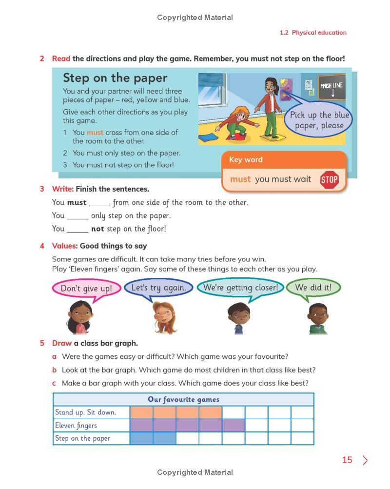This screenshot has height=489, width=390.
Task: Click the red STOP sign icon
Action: coord(329,180)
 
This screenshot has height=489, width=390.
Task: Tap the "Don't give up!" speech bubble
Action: coord(86,288)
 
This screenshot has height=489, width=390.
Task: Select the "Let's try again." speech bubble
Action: coord(158,288)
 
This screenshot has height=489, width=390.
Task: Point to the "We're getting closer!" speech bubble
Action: coord(240,287)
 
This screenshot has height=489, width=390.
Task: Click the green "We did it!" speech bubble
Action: coord(313,287)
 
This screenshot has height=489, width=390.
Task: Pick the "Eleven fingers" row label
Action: coord(76,425)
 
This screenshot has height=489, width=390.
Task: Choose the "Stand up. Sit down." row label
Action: coord(85,412)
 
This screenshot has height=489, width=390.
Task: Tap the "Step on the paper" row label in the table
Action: coord(82,438)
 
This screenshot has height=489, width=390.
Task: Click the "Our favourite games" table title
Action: coord(183,399)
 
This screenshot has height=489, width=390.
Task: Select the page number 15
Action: coord(347,460)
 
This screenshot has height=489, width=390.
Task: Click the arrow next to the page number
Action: coord(365,460)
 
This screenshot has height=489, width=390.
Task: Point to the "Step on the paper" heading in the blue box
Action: coord(115,78)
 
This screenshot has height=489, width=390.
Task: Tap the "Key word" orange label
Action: coord(246,159)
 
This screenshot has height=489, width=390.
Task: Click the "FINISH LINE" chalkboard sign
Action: coord(332,88)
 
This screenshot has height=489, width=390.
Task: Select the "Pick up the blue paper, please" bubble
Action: coord(319,120)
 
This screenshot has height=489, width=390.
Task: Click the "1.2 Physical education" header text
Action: coord(313,33)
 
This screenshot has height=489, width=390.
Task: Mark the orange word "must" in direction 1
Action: coord(95,133)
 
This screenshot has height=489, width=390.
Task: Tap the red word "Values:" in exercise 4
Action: coord(65,246)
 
